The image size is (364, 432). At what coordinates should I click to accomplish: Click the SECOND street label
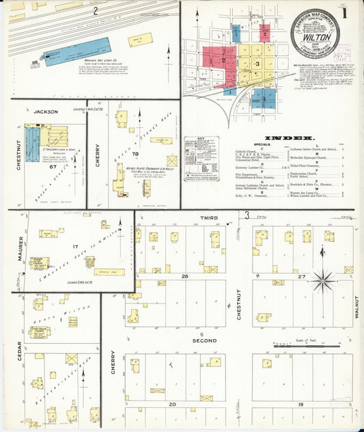205,340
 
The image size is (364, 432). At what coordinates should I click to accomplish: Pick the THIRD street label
209,218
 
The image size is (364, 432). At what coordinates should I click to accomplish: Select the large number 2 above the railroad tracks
96,10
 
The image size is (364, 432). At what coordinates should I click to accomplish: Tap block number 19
303,405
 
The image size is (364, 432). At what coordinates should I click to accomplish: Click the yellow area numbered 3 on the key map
257,64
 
